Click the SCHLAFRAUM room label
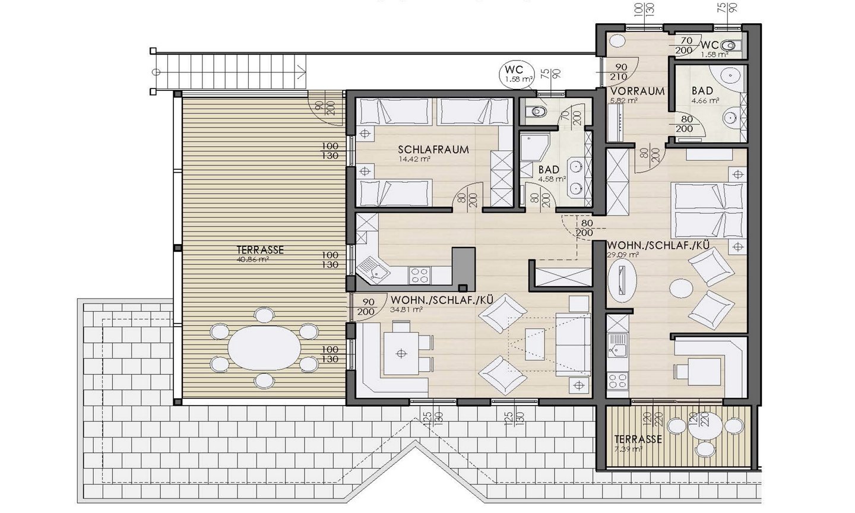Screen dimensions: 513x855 (433, 150)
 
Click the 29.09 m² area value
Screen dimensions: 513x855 (622, 254)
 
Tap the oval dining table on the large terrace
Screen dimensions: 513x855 (262, 347)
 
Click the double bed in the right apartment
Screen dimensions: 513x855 (707, 210)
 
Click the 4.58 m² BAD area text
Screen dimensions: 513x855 (552, 179)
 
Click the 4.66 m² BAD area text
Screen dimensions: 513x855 (705, 101)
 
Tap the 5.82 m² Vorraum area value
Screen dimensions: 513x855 (624, 101)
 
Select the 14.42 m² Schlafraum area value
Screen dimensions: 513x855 (414, 159)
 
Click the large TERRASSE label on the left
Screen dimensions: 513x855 (260, 250)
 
